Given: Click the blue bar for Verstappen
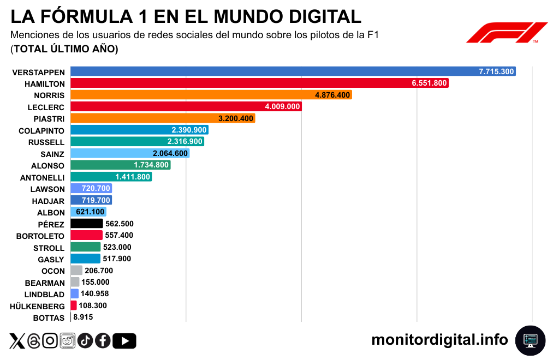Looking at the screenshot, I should click(273, 71).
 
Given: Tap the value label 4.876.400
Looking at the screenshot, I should click(332, 95).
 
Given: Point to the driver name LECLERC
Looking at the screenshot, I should click(46, 107).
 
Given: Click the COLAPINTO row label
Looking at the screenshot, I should click(41, 130).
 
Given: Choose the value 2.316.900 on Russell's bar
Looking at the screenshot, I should click(185, 142).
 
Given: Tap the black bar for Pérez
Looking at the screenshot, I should click(87, 224).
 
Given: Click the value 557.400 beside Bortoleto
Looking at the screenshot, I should click(119, 236).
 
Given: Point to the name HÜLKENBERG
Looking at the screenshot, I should click(37, 306).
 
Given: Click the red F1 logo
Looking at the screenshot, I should click(507, 32).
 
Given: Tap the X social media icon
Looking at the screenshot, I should click(17, 341).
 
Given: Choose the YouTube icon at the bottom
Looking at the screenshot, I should click(125, 341).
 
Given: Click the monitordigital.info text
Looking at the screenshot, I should click(439, 340).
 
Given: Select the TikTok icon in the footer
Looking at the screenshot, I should click(85, 341).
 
